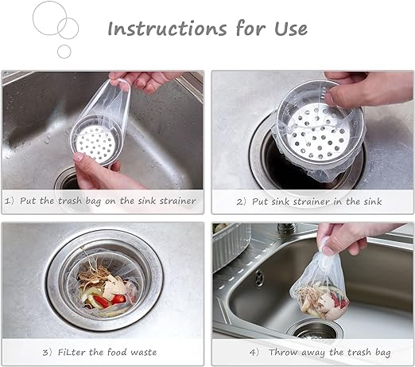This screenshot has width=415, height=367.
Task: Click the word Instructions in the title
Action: [167, 28]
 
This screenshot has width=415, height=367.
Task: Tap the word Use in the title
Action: [291, 29]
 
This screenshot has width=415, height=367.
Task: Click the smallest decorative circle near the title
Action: [64, 52]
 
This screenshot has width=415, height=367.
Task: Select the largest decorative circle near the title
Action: [50, 18]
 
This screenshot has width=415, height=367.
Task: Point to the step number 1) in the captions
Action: [10, 201]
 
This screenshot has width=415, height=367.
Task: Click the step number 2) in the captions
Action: [241, 202]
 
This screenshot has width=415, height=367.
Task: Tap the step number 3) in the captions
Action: [47, 353]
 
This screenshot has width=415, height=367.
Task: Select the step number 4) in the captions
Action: [254, 353]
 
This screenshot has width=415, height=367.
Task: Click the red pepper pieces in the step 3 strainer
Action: [109, 300]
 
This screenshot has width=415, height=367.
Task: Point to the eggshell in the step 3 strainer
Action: [114, 286]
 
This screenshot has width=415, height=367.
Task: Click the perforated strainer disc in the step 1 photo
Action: [95, 143]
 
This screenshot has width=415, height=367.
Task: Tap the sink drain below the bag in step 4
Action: [315, 330]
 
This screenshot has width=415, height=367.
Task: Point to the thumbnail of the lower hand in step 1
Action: [79, 157]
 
